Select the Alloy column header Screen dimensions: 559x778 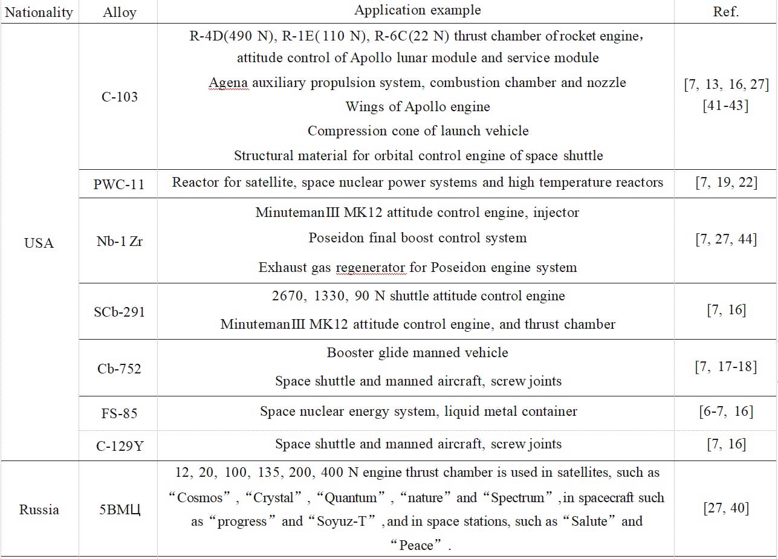point(120,12)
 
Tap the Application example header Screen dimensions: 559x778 point(418,10)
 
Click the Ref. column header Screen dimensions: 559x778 point(725,12)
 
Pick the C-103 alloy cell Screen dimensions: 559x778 point(120,97)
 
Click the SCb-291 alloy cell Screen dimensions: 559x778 point(120,312)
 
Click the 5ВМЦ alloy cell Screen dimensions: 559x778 point(120,509)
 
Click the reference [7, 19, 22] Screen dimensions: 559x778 point(726,183)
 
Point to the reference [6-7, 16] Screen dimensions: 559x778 point(726,412)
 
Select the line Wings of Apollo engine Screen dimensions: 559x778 point(418,107)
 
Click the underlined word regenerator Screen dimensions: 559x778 point(371,267)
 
